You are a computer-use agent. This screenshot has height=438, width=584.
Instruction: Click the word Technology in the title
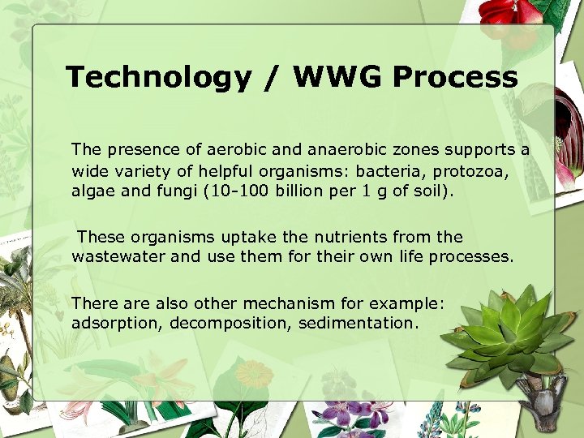coord(158,78)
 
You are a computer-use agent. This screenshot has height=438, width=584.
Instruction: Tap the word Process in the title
coord(455,78)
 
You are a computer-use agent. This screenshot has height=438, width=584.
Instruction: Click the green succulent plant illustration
coord(507,333)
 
